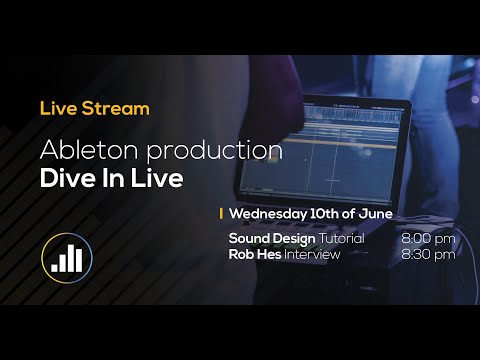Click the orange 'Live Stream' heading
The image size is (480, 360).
pyautogui.click(x=94, y=107)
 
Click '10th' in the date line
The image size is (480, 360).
pyautogui.click(x=323, y=214)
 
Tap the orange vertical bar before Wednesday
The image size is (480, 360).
pyautogui.click(x=221, y=214)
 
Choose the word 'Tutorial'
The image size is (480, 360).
pyautogui.click(x=341, y=239)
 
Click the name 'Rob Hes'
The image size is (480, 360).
pyautogui.click(x=255, y=254)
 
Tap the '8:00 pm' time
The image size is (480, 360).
pyautogui.click(x=428, y=239)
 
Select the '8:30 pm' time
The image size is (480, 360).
pyautogui.click(x=428, y=254)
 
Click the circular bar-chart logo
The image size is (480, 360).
pyautogui.click(x=67, y=257)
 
